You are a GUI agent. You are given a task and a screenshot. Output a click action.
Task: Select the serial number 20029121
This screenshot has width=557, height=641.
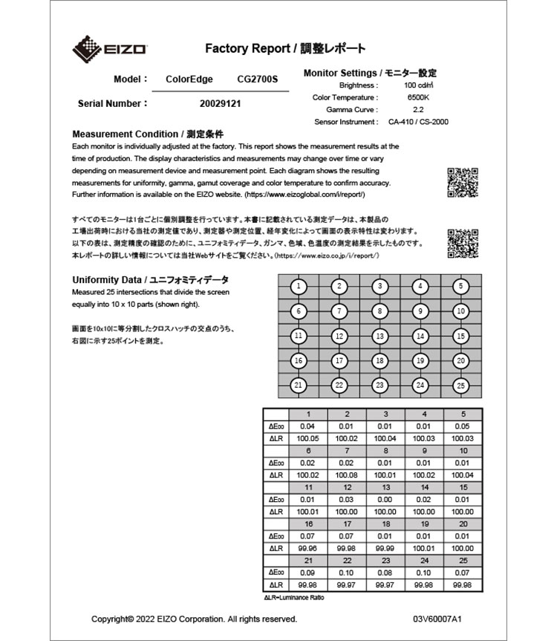pos(221,104)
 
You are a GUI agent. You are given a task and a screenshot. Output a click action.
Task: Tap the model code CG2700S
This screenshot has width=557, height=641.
pos(257,79)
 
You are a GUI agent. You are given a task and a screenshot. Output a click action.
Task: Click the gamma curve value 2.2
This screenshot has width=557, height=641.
pos(419,109)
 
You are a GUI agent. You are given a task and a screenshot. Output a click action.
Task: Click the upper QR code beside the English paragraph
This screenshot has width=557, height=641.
pos(462,182)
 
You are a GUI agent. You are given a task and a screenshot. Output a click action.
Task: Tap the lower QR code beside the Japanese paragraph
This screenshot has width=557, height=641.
pos(462,244)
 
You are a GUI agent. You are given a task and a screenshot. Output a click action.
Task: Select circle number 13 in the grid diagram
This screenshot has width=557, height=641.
pos(380,336)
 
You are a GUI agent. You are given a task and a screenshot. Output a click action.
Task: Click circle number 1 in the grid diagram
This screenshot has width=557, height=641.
pos(298,286)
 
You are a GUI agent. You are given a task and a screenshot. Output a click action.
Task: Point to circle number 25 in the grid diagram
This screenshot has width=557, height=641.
pos(461,385)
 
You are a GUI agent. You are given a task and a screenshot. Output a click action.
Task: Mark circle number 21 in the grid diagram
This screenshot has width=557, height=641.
pos(298,385)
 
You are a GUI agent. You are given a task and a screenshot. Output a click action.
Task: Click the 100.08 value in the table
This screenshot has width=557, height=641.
pos(346,475)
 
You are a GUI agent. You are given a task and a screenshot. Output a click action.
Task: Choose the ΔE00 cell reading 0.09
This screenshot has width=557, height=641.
pos(307,572)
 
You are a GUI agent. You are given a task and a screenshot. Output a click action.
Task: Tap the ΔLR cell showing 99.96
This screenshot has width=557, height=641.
pos(307,547)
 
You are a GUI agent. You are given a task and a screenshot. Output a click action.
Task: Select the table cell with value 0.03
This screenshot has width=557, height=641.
pos(346,499)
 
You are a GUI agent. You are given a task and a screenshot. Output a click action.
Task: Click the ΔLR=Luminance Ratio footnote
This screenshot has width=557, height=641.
pos(294,597)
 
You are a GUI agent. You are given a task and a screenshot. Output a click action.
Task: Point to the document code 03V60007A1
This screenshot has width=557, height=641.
pos(437,619)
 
